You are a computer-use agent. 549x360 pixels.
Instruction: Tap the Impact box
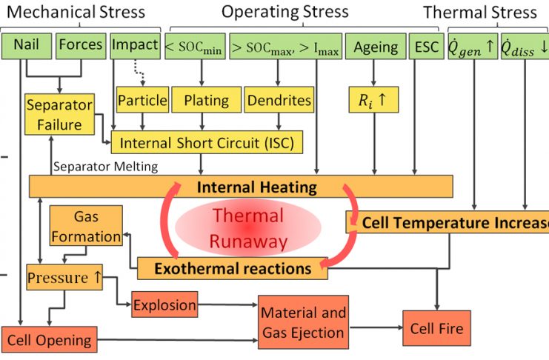pos(134,46)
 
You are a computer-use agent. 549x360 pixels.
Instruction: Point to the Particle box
pos(142,99)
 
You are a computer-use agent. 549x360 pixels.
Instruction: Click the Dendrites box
pos(279,99)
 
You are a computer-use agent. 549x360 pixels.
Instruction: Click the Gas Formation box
pos(86,227)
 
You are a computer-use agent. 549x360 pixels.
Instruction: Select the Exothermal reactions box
pos(232,268)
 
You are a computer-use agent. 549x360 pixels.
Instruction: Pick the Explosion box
pos(164,304)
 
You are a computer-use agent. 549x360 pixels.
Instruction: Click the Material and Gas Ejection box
pos(303,324)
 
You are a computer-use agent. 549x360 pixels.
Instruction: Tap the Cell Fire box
pos(436,327)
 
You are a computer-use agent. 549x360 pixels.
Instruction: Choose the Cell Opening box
pos(49,341)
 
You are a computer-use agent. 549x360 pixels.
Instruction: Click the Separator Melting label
pos(104,167)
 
